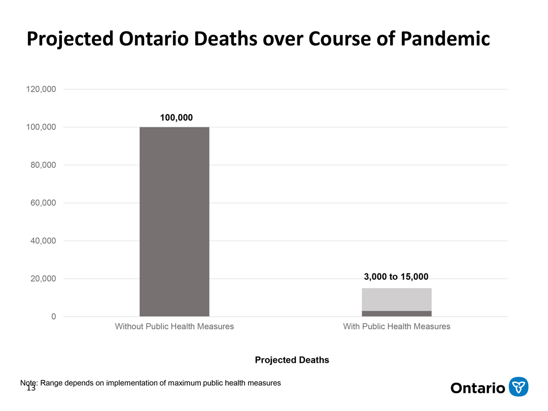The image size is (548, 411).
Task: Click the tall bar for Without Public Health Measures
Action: coord(174,221)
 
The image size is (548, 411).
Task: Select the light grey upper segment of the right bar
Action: coord(396,299)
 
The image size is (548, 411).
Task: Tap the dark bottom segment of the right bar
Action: coord(396,314)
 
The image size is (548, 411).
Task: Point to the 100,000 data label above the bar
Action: coord(176,118)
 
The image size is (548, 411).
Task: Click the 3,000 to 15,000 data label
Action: coord(396,277)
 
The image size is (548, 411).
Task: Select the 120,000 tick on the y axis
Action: coord(41,89)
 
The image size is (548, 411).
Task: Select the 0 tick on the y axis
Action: coord(53,317)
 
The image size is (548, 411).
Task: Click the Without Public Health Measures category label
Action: coord(174,326)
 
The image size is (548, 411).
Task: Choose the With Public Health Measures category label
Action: coord(396,326)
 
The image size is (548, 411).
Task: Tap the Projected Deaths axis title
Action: coord(292,360)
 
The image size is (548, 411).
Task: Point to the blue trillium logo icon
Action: coord(518,387)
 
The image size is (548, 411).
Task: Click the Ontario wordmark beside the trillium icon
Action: coord(477,388)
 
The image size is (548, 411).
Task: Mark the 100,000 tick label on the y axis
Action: coord(41,127)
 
